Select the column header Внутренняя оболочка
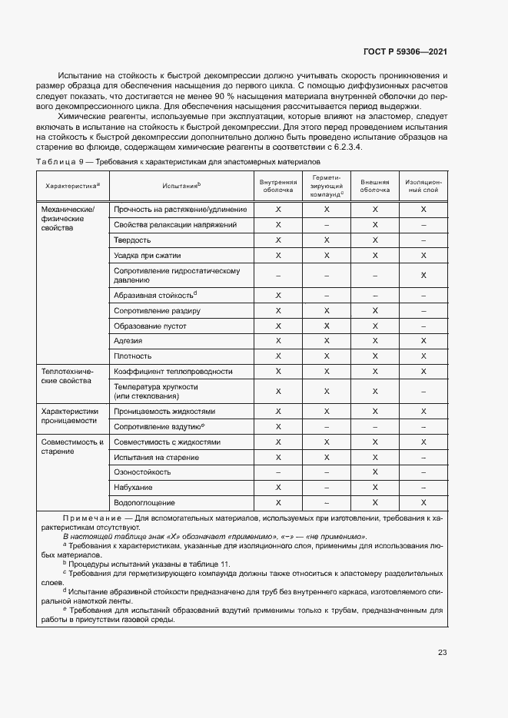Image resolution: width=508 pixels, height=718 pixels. pos(278,185)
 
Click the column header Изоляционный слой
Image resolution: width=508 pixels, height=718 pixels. pos(423,185)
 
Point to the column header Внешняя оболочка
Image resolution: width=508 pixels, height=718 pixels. pos(375,185)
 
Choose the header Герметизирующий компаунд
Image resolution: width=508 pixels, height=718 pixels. pos(327,185)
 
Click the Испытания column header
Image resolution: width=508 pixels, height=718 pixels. pos(181,185)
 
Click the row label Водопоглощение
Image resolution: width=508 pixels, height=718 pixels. pos(144,502)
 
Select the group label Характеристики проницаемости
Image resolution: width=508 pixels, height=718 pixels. pos(70,415)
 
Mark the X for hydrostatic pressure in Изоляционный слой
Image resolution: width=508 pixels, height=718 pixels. pos(423,275)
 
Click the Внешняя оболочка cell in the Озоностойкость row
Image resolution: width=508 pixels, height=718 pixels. pos(375,472)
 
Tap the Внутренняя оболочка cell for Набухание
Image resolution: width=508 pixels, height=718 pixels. pos(278,488)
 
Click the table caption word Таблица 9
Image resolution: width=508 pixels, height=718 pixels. pos(60,163)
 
